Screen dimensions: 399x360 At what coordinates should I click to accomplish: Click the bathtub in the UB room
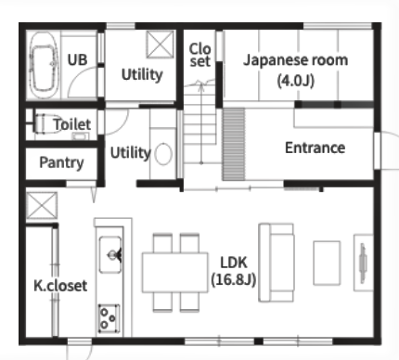point(44,66)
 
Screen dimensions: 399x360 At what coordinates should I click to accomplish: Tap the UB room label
point(77,59)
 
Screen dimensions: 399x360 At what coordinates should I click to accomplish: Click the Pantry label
point(61,162)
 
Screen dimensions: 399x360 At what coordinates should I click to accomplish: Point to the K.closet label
point(60,286)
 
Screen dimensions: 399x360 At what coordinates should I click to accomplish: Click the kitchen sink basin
point(110,255)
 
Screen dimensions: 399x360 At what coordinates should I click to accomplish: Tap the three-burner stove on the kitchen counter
point(109,318)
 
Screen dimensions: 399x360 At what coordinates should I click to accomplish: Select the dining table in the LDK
point(175,273)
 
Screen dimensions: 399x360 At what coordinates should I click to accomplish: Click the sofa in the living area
point(277,263)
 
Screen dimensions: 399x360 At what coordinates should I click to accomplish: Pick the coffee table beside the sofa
point(327,263)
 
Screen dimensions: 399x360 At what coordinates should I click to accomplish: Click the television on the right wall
point(363,263)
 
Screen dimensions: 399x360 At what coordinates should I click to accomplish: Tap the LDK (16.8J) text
point(234,271)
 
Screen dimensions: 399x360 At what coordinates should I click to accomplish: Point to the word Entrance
point(315,148)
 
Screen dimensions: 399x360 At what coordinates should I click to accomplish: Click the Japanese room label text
point(295,60)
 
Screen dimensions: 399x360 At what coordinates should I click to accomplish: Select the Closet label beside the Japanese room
point(199,55)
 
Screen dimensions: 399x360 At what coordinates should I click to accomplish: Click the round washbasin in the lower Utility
point(163,154)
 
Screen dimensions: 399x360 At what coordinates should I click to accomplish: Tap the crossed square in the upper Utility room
point(160,45)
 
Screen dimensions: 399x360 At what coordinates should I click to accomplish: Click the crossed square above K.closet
point(42,205)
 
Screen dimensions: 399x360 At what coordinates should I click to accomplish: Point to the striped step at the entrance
point(234,144)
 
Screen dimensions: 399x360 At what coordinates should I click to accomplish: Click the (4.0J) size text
point(296,81)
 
